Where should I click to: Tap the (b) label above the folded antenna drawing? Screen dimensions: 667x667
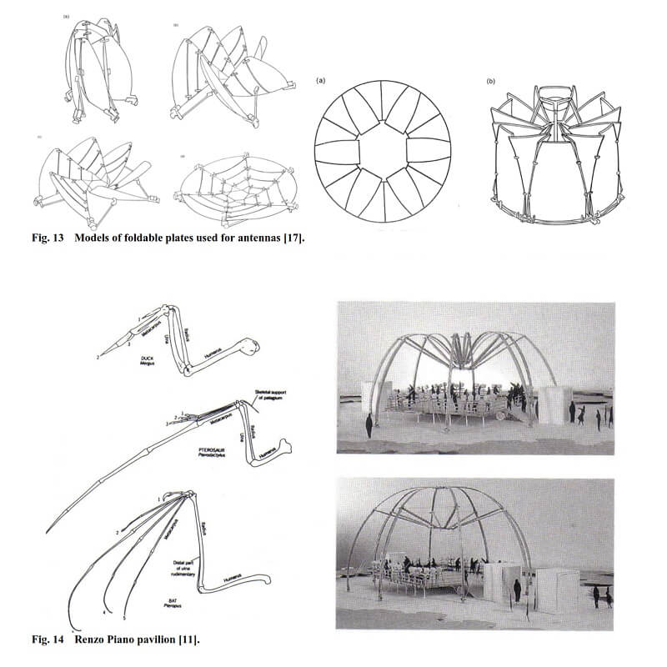(x=492, y=80)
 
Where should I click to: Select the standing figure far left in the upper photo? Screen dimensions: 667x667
(x=369, y=425)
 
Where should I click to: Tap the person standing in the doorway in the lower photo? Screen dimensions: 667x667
(x=517, y=591)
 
